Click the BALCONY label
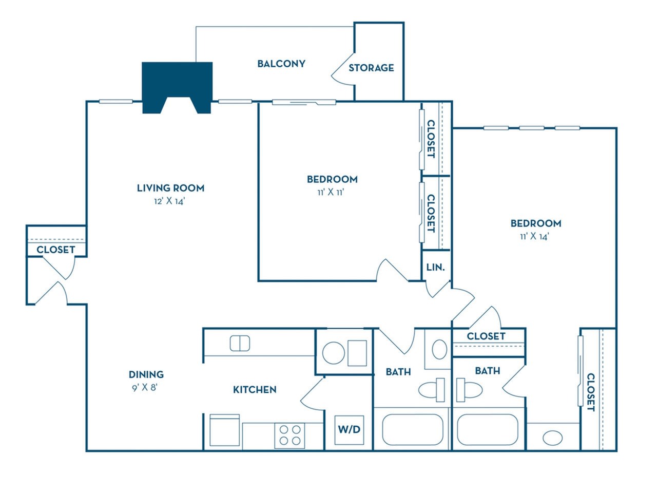pyautogui.click(x=281, y=64)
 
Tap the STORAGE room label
pyautogui.click(x=371, y=68)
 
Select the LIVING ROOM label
pyautogui.click(x=170, y=188)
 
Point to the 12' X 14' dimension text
pyautogui.click(x=169, y=201)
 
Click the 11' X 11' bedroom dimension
pyautogui.click(x=331, y=192)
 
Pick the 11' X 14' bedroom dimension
pyautogui.click(x=534, y=236)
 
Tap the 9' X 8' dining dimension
pyautogui.click(x=145, y=387)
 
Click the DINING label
pyautogui.click(x=146, y=374)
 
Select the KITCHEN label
pyautogui.click(x=255, y=389)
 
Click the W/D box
pyautogui.click(x=349, y=430)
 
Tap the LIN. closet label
pyautogui.click(x=435, y=268)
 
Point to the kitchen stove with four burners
pyautogui.click(x=289, y=436)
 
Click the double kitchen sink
pyautogui.click(x=240, y=343)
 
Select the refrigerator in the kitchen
pyautogui.click(x=224, y=430)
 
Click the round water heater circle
pyautogui.click(x=333, y=353)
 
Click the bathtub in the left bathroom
pyautogui.click(x=413, y=429)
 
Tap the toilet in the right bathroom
pyautogui.click(x=469, y=390)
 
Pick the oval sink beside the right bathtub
pyautogui.click(x=552, y=438)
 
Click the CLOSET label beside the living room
pyautogui.click(x=55, y=250)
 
